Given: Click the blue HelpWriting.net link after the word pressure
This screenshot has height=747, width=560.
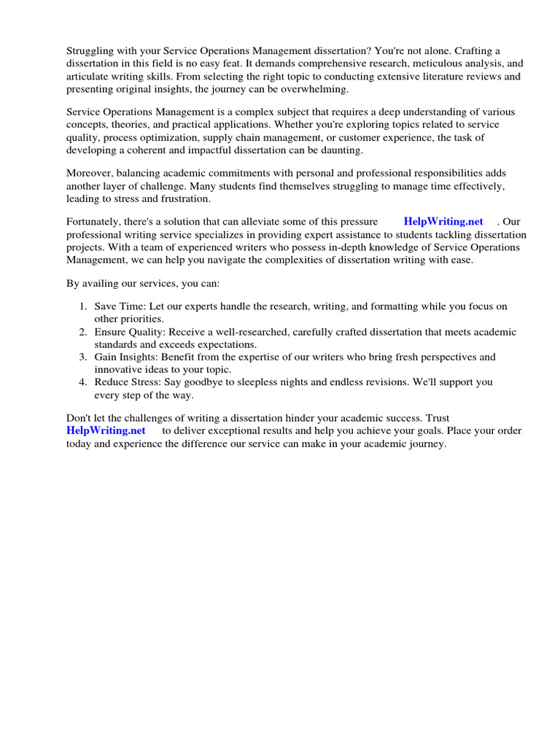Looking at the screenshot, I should [x=443, y=222].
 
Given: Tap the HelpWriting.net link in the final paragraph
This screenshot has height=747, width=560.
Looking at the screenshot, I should [x=106, y=430].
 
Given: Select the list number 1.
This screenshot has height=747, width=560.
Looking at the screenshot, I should [x=83, y=306].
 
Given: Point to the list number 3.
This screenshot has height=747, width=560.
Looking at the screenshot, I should [x=83, y=357].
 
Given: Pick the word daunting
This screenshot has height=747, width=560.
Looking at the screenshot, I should [x=341, y=150].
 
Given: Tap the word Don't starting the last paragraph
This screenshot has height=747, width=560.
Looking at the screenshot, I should [x=79, y=418].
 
